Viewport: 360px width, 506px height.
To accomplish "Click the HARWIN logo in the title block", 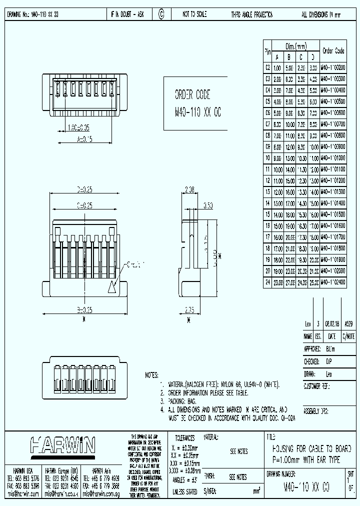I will point(62,445).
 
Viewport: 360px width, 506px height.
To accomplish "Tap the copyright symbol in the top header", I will point(161,15).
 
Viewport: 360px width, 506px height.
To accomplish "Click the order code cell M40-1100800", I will point(332,135).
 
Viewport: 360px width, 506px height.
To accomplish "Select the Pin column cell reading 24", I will point(267,282).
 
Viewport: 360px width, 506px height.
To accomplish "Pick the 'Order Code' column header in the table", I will point(333,50).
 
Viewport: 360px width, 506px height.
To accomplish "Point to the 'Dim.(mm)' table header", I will point(295,46).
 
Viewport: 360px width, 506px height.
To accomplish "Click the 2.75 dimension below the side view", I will point(189,310).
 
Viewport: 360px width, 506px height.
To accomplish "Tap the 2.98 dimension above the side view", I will point(189,190).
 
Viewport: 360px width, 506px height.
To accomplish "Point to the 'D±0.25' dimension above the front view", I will point(84,190).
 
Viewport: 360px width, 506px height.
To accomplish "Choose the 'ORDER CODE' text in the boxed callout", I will point(192,95).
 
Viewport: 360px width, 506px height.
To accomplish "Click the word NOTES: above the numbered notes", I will point(151,374).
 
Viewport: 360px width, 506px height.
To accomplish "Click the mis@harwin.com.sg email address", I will point(102,493).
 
